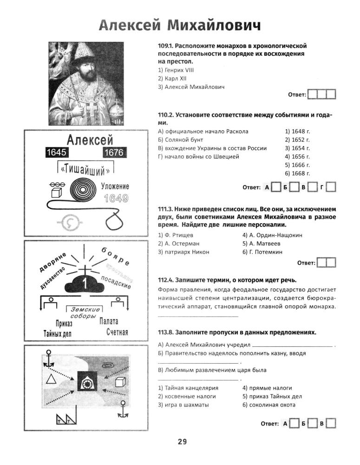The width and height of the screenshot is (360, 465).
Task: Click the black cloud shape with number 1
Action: [x=85, y=282]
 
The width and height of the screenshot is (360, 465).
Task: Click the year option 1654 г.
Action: [x=297, y=148]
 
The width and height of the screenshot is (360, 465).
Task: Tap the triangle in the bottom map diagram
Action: [x=51, y=378]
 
